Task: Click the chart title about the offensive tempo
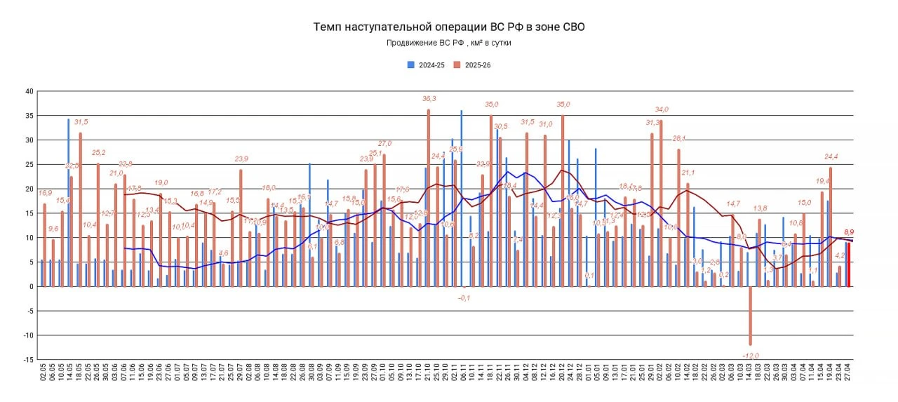tap(448, 27)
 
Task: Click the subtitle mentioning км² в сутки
tap(449, 43)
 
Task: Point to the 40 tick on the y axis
tap(29, 91)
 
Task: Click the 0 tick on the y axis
tap(31, 286)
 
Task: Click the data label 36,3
tap(429, 99)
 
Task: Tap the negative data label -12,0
tap(751, 355)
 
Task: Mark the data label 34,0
tap(662, 109)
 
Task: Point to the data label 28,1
tap(679, 139)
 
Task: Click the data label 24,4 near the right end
tap(831, 156)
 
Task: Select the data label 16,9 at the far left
tap(44, 193)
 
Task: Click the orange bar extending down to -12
tap(751, 316)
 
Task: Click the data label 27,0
tap(385, 144)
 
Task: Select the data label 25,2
tap(98, 153)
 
